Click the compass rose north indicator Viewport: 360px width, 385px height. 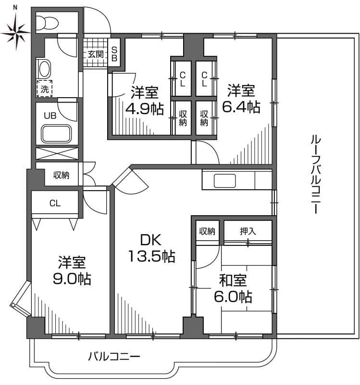(15, 30)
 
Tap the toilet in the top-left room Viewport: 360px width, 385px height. (48, 22)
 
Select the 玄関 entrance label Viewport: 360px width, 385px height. (95, 54)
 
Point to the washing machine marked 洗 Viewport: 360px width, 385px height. (45, 89)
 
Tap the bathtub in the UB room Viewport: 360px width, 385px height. (57, 133)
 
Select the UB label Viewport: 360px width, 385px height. (50, 115)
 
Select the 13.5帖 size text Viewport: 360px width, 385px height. (151, 257)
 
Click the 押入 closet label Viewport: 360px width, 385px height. (248, 231)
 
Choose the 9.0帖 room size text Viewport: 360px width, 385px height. (72, 279)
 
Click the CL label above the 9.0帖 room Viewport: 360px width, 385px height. (55, 203)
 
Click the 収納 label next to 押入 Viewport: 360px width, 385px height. (208, 231)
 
